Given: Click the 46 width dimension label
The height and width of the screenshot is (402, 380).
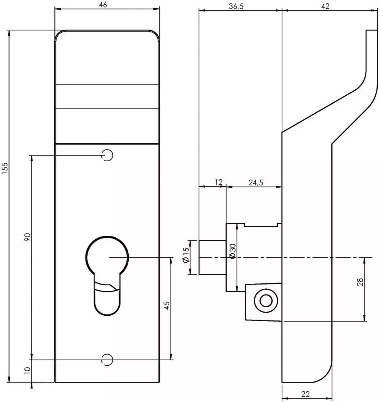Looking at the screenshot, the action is click(x=103, y=5).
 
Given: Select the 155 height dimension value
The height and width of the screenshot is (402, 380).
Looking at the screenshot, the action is click(x=5, y=169).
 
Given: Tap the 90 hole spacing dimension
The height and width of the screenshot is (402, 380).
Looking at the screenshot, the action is click(x=27, y=237).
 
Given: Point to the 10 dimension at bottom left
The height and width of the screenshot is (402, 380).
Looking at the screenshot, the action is click(x=27, y=370).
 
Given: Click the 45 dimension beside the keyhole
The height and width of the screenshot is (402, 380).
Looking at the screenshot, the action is click(x=167, y=306).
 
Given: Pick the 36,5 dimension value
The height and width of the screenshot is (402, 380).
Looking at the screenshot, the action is click(x=236, y=6).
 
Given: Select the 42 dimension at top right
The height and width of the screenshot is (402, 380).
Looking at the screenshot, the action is click(x=325, y=6).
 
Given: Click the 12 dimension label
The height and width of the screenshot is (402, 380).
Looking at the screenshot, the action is click(x=218, y=182).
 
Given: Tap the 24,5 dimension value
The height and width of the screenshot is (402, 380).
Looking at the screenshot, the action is click(x=256, y=183).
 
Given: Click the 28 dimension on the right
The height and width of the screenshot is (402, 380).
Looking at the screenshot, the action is click(x=360, y=282).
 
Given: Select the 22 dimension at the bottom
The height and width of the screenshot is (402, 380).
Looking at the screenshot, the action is click(x=306, y=394).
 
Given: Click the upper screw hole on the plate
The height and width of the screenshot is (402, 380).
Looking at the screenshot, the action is click(x=107, y=155).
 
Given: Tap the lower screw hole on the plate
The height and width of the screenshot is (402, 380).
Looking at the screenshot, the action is click(x=107, y=360).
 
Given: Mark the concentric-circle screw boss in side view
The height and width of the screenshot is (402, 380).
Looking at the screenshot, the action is click(x=266, y=301).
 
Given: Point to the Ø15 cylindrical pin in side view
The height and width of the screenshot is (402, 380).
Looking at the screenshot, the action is click(x=212, y=258).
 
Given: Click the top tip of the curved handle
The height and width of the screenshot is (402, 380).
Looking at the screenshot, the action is click(x=372, y=30).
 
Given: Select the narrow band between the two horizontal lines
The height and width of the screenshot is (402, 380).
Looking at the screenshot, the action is click(x=108, y=96).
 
